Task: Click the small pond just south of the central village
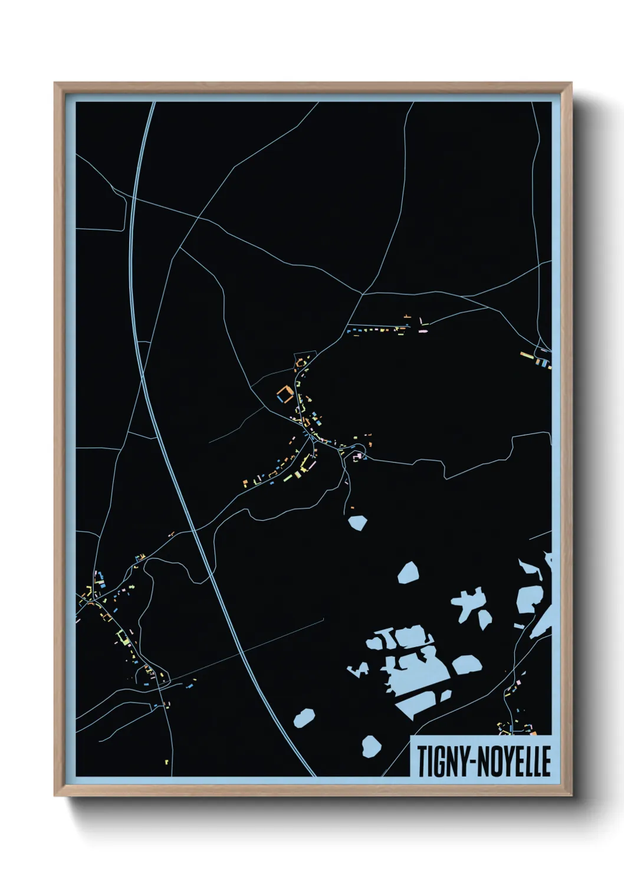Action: pyautogui.click(x=357, y=523)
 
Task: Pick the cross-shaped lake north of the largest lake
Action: pyautogui.click(x=472, y=605)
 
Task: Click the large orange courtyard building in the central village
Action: pyautogui.click(x=285, y=393)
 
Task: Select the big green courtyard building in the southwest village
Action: pyautogui.click(x=123, y=637)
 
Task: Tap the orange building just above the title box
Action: pyautogui.click(x=533, y=733)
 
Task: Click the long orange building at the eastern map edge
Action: pyautogui.click(x=527, y=355)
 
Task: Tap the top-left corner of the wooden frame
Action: pyautogui.click(x=56, y=84)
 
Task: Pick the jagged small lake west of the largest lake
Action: pyautogui.click(x=358, y=669)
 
